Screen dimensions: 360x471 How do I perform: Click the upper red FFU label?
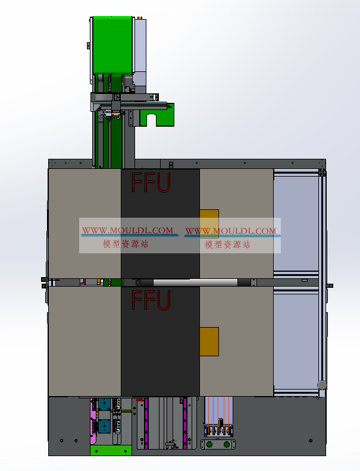pos(151,183)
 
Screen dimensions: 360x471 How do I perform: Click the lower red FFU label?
pos(151,300)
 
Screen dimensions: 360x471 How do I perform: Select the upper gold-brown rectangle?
pos(209,224)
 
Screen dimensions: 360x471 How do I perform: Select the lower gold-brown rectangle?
pos(209,341)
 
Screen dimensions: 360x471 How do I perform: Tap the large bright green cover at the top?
pos(112,45)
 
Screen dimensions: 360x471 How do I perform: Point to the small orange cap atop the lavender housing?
pos(140,18)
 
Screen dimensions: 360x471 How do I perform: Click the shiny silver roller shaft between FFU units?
pos(195,282)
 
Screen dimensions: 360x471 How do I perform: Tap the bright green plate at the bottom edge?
pos(111,450)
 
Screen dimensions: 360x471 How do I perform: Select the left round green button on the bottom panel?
pos(209,444)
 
